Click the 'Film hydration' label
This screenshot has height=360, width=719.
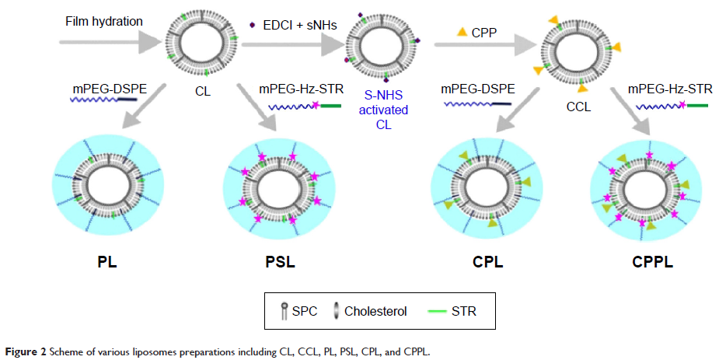104,21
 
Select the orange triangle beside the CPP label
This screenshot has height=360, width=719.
462,32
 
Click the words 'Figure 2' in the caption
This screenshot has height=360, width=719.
23,351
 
